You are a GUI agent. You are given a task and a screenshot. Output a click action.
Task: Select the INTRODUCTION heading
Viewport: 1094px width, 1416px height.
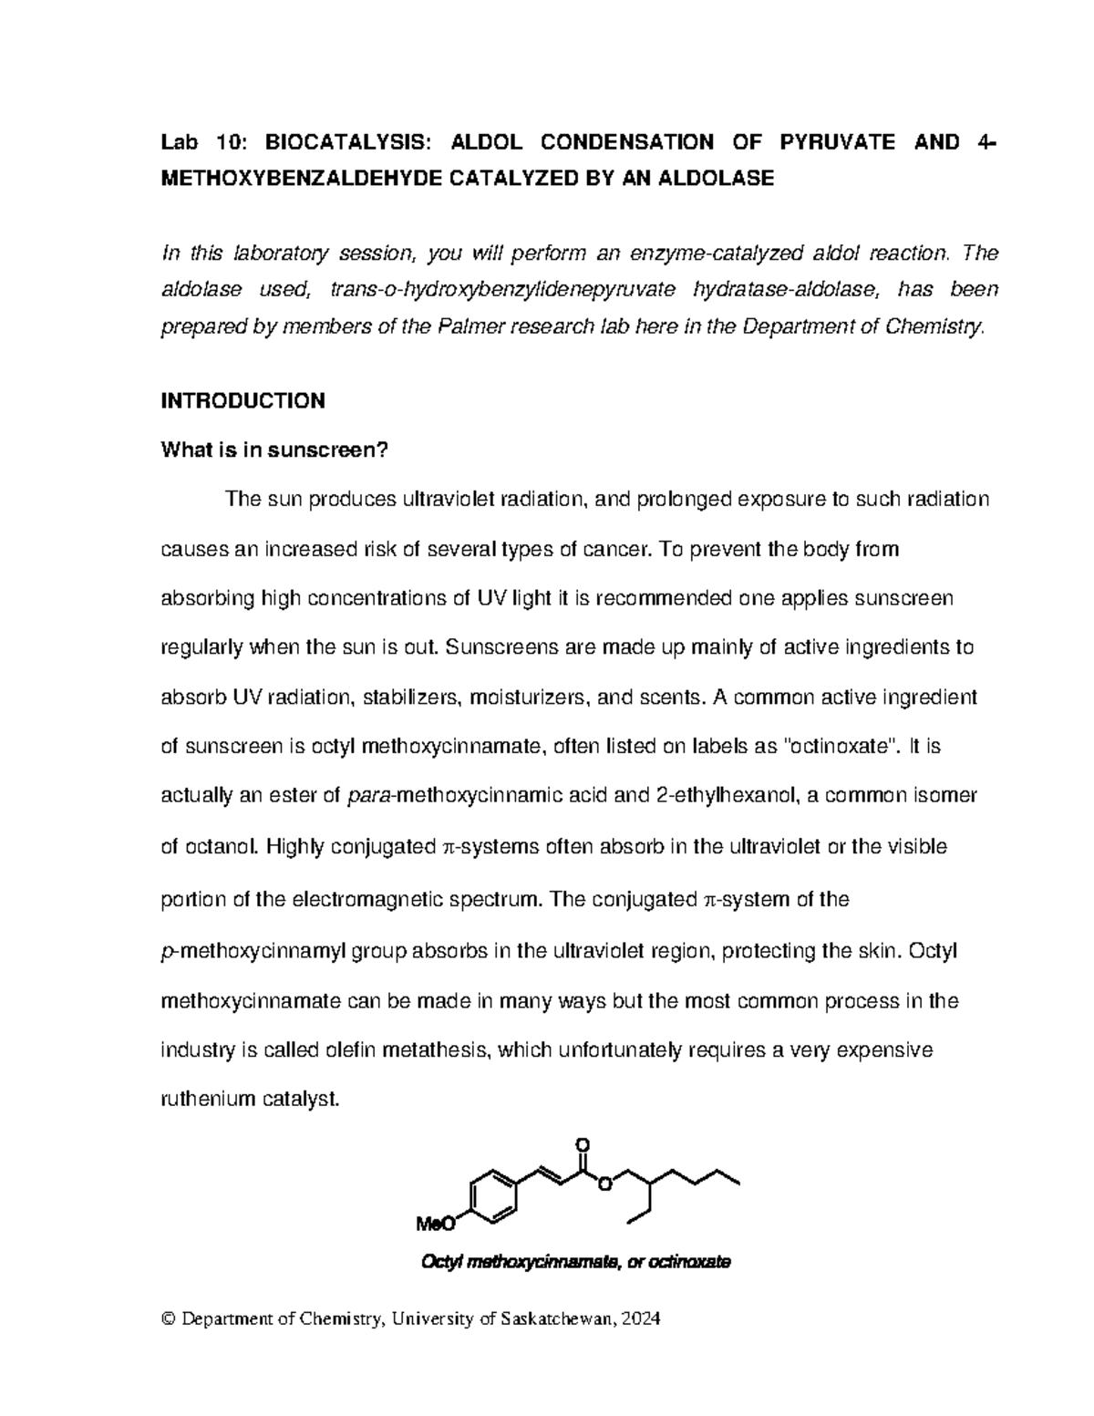(243, 400)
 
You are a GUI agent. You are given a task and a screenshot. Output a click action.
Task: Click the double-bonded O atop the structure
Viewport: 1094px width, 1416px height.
(583, 1144)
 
